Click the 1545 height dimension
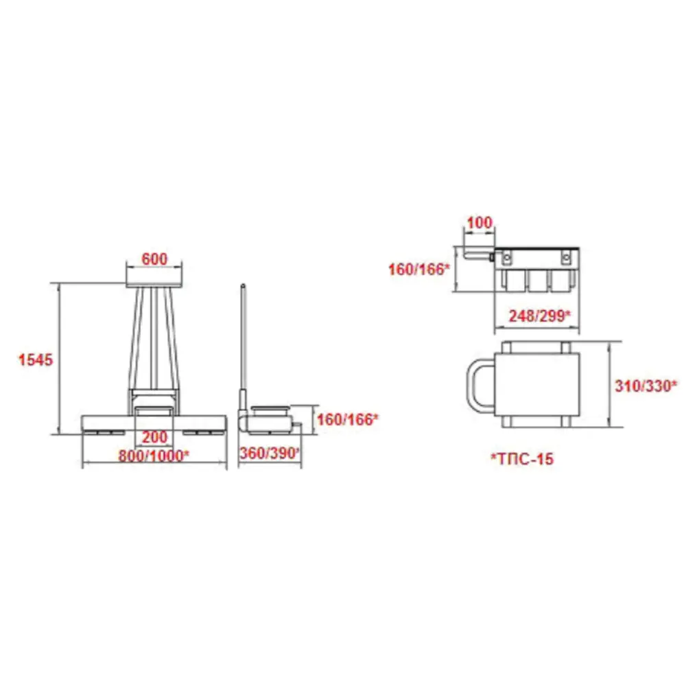36,359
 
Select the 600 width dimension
154,259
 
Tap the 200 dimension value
154,436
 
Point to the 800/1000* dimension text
154,456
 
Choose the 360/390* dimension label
270,453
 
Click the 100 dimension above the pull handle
480,223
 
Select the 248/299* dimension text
540,316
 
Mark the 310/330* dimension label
646,386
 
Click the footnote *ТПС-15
522,458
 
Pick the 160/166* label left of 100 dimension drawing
419,269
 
